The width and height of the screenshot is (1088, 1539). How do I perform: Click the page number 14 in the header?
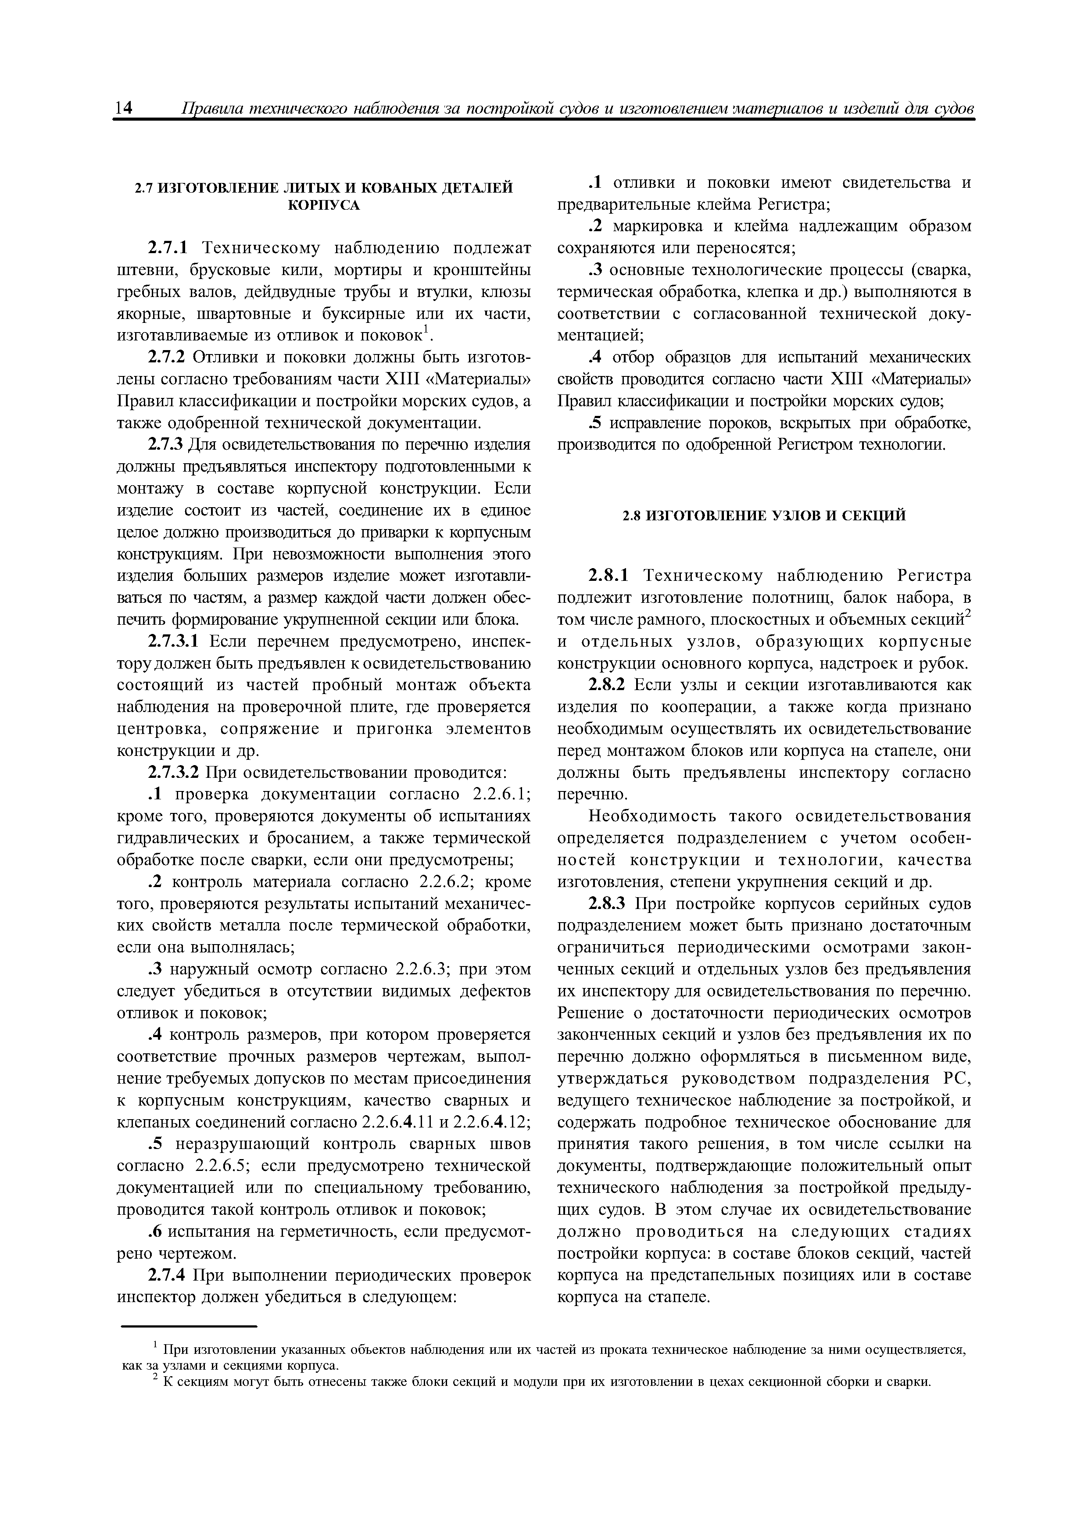125,109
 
